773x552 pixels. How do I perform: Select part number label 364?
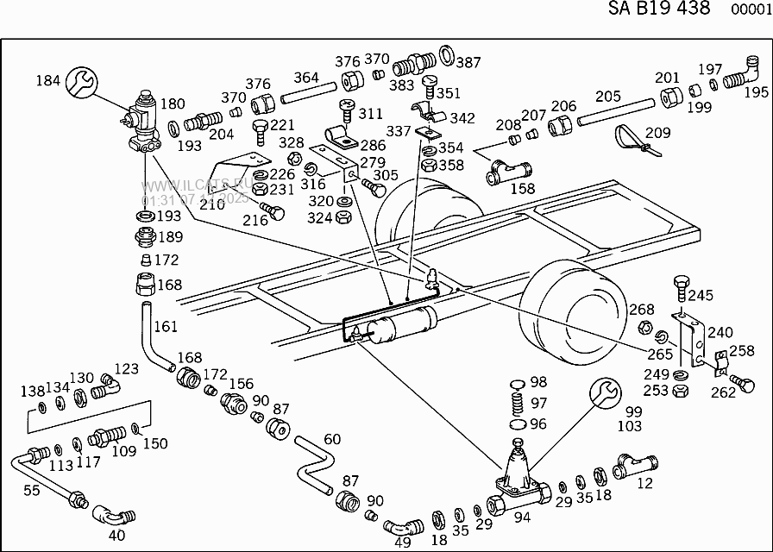[x=306, y=77]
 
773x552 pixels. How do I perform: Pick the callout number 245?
[x=701, y=295]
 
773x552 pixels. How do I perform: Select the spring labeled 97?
[x=516, y=403]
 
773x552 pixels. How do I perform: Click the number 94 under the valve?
[x=521, y=517]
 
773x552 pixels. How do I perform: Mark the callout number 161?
[x=165, y=326]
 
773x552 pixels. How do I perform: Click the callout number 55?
[x=31, y=490]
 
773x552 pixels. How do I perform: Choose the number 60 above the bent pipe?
[x=332, y=440]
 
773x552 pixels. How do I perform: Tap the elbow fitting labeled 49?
[x=402, y=525]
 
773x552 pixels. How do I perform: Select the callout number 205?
[x=608, y=96]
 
